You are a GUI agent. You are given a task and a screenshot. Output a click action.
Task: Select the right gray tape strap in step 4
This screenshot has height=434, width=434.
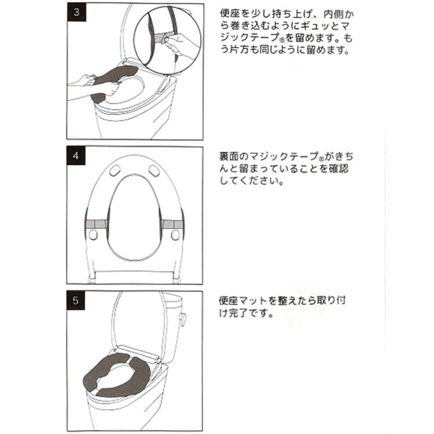pos(172,223)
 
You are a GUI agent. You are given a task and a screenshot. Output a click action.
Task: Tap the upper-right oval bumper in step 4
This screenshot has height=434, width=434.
pos(154,171)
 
